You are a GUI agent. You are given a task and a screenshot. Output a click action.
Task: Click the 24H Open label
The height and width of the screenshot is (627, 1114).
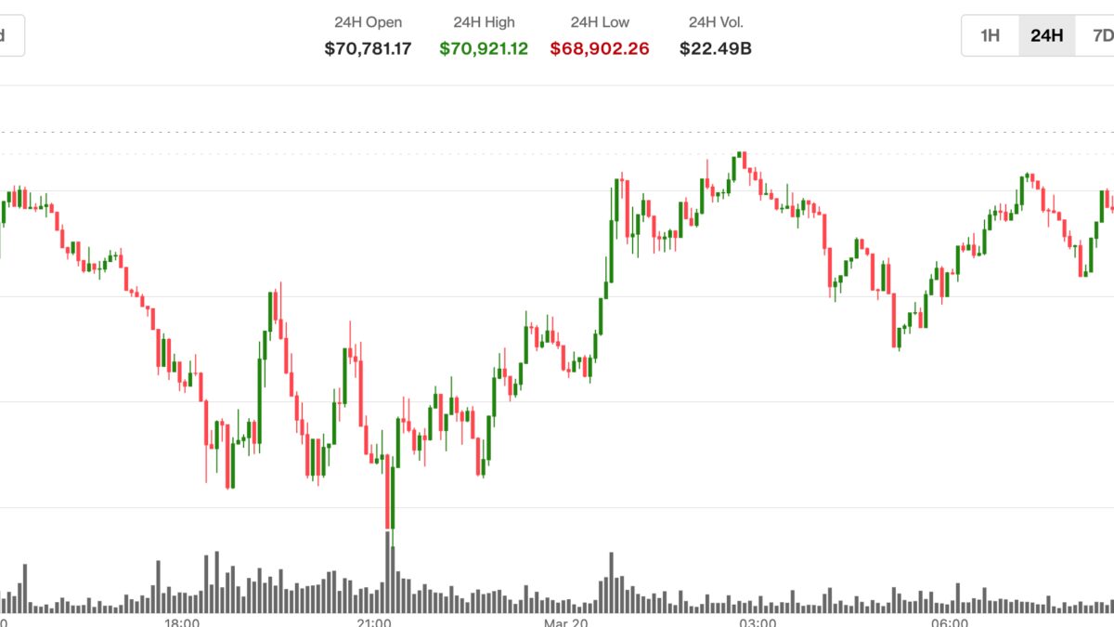click(x=368, y=22)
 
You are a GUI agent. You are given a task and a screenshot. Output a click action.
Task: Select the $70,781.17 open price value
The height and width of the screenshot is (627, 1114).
click(x=368, y=48)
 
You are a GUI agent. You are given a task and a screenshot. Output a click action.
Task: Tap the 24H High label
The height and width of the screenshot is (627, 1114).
click(x=483, y=22)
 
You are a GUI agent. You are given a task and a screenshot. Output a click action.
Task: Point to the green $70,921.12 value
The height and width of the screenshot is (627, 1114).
click(x=484, y=48)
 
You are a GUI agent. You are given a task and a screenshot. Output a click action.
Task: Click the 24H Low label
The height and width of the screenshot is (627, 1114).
click(x=599, y=22)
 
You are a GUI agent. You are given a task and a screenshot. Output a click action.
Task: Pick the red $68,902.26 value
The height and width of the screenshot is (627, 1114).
click(x=600, y=48)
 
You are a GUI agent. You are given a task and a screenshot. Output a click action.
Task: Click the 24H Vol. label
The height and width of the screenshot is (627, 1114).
click(x=716, y=22)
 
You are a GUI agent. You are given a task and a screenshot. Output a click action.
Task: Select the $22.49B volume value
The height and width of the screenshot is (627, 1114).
click(x=716, y=48)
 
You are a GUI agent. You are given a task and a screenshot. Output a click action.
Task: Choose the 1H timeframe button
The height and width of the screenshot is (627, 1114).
click(x=991, y=36)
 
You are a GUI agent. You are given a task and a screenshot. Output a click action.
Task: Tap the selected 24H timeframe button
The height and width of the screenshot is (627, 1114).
click(x=1046, y=36)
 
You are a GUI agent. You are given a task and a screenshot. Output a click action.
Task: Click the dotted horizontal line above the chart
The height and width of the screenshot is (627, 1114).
click(x=557, y=131)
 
